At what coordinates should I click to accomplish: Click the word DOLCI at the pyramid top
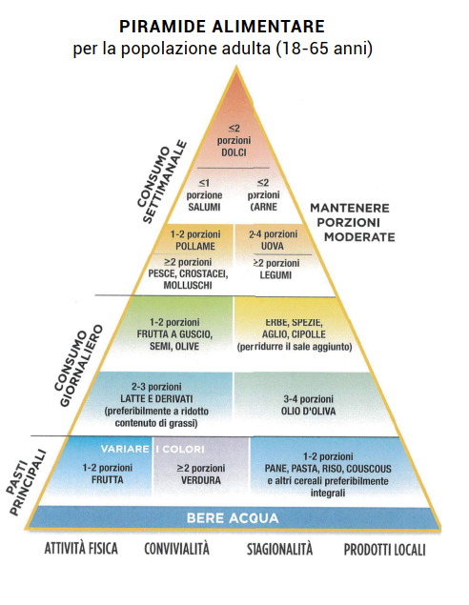[x=234, y=152]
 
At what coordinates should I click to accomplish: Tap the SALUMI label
[x=204, y=207]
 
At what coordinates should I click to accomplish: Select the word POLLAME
[x=195, y=246]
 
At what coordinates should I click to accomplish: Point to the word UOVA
[x=273, y=246]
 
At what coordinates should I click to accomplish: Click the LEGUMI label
[x=275, y=275]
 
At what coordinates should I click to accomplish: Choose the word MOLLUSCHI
[x=188, y=285]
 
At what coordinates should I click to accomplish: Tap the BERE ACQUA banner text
[x=233, y=517]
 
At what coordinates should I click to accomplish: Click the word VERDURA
[x=201, y=480]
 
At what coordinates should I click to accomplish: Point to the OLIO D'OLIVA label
[x=309, y=412]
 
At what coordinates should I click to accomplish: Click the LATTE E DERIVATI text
[x=156, y=399]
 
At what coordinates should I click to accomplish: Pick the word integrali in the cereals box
[x=328, y=493]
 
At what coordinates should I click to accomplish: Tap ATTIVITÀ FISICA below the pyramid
[x=81, y=548]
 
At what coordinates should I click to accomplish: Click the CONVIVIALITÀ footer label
[x=176, y=549]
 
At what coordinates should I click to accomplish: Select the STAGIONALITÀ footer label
[x=279, y=549]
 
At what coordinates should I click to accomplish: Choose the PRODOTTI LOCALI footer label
[x=384, y=550]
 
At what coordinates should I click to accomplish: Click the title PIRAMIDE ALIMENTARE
[x=222, y=27]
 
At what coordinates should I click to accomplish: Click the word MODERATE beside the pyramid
[x=359, y=237]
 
